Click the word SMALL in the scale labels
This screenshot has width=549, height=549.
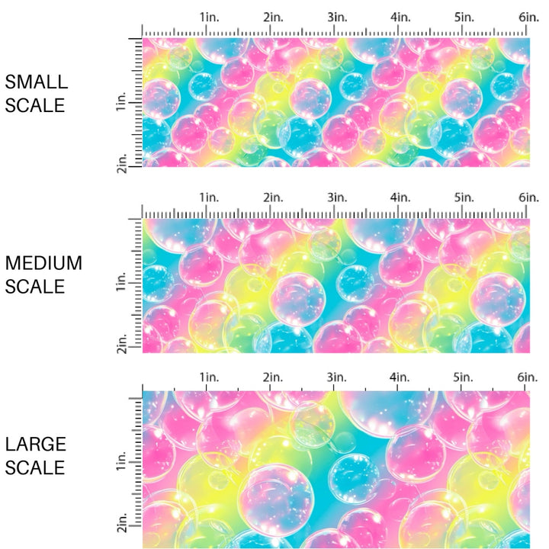pyautogui.click(x=36, y=82)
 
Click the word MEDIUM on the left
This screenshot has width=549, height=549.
pyautogui.click(x=43, y=263)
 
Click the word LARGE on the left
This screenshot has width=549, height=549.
pyautogui.click(x=35, y=444)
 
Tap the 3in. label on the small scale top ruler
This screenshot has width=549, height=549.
pyautogui.click(x=337, y=17)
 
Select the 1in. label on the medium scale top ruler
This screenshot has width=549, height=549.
pyautogui.click(x=209, y=197)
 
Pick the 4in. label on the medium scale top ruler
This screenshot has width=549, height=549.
pyautogui.click(x=401, y=197)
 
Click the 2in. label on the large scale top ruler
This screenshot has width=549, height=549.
pyautogui.click(x=273, y=377)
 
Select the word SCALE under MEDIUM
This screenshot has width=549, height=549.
pyautogui.click(x=36, y=287)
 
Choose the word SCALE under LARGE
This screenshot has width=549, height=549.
pyautogui.click(x=36, y=467)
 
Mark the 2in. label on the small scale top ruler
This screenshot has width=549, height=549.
pyautogui.click(x=273, y=17)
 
